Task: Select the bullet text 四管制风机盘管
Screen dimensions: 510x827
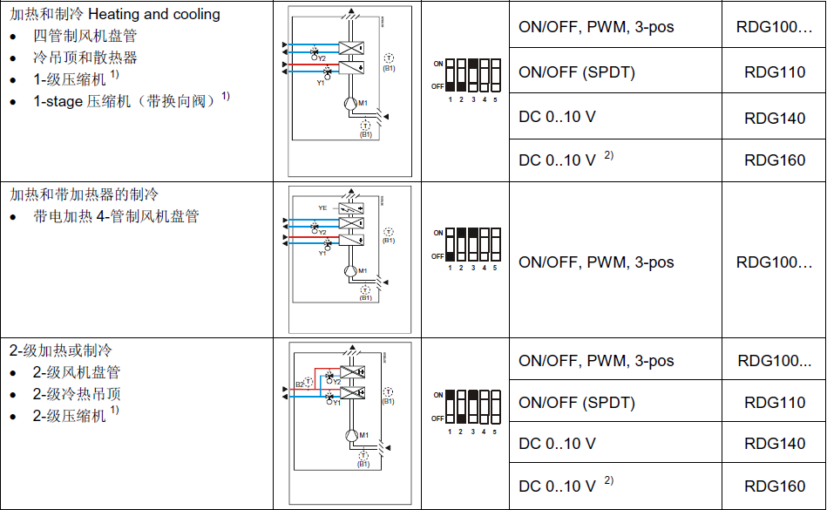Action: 85,36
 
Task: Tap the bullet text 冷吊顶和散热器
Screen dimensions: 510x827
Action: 85,58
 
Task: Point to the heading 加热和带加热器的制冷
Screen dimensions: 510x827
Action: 84,194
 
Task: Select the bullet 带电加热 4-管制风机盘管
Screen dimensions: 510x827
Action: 116,215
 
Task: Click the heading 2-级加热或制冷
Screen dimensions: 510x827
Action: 61,350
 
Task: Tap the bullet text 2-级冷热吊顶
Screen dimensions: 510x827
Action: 77,394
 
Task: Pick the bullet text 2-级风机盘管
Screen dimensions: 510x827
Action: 77,372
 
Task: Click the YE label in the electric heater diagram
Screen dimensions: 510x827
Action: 322,208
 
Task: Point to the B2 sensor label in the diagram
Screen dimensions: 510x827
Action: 299,384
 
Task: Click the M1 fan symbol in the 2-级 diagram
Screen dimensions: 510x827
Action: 351,435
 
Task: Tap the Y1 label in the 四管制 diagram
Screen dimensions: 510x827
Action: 320,83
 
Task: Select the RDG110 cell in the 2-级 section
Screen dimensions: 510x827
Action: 774,403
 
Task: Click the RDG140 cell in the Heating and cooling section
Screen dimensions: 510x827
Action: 774,117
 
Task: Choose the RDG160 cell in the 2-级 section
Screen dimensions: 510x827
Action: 774,486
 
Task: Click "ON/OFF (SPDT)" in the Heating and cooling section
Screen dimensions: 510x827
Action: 576,72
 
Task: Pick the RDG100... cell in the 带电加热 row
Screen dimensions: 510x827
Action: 774,262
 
